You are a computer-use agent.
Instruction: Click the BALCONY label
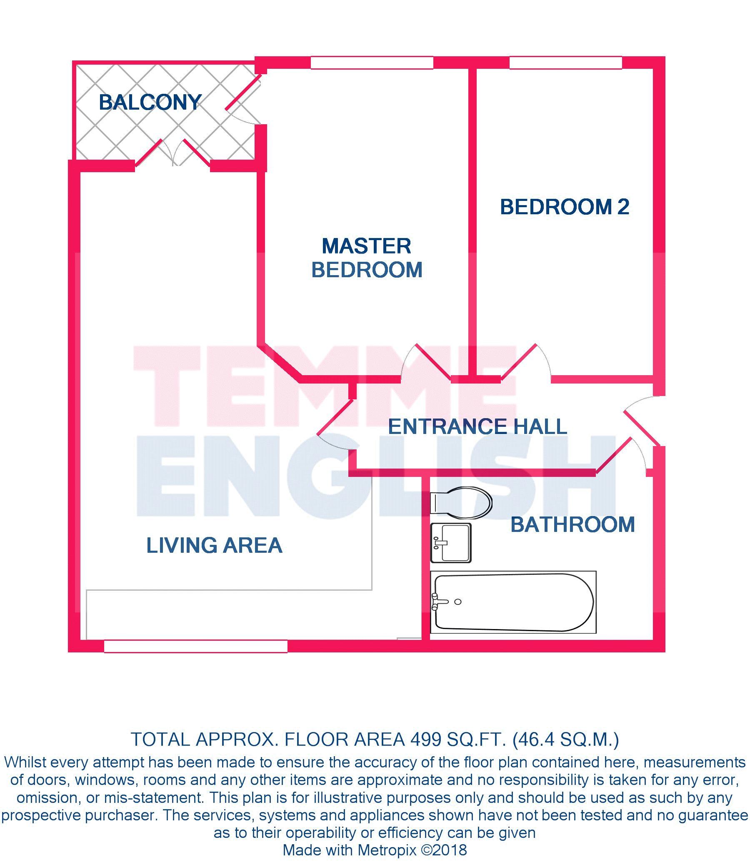point(150,103)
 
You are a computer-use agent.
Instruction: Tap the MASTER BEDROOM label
point(367,258)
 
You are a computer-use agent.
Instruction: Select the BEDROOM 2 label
point(565,207)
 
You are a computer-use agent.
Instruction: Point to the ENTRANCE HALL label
point(477,426)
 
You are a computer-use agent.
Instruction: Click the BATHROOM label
point(572,524)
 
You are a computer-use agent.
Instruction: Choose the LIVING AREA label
point(214,545)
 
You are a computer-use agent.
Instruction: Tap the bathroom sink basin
point(451,543)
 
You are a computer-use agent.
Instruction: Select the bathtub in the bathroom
point(513,602)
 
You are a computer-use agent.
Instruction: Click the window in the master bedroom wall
point(372,63)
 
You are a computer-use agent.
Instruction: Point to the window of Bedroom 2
point(565,63)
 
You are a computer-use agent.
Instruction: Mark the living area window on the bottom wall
point(195,647)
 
